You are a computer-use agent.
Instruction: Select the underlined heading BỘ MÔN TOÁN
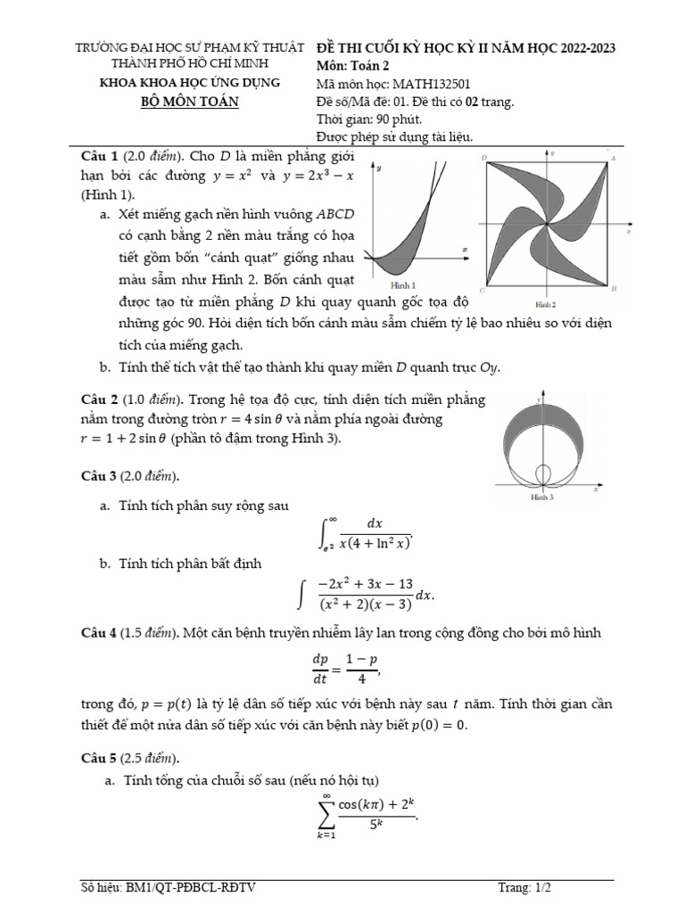point(190,101)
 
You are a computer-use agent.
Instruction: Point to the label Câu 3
point(99,475)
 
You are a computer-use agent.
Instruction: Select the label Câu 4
point(99,633)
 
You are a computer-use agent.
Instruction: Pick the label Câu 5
point(99,759)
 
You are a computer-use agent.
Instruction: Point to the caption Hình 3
point(542,498)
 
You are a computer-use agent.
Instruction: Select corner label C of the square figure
point(482,291)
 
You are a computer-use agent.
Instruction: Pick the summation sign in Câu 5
point(325,812)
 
